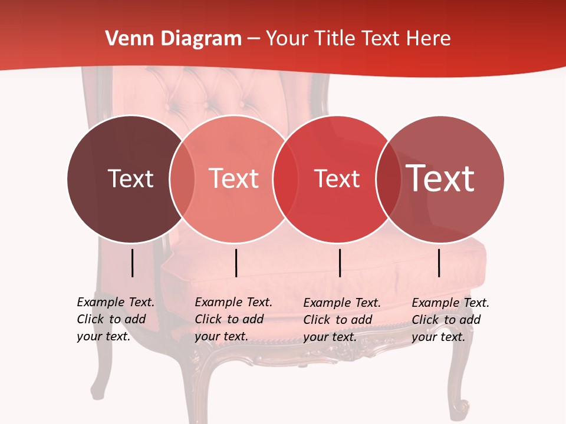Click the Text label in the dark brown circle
point(130,178)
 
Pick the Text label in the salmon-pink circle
point(233,178)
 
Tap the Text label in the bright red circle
point(337,178)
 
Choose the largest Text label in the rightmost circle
point(440,178)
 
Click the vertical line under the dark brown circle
point(133,263)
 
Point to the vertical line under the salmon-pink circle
point(236,263)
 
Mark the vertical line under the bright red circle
point(340,263)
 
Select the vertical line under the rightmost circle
point(439,263)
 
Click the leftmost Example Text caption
point(116,319)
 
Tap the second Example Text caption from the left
point(233,319)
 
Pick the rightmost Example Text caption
point(450,320)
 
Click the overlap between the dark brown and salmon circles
point(182,178)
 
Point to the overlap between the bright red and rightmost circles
point(389,178)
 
